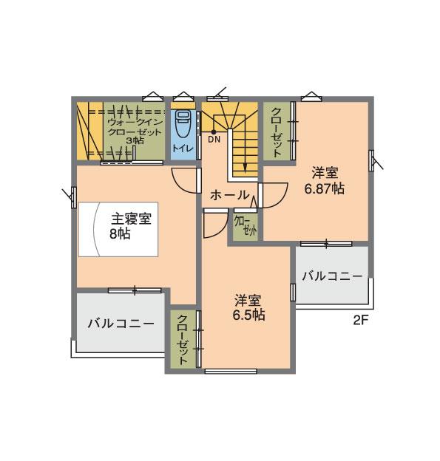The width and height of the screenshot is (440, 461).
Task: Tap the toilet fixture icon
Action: click(183, 123)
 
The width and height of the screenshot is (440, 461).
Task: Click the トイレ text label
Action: click(183, 148)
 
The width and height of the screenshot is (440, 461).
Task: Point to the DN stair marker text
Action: click(214, 139)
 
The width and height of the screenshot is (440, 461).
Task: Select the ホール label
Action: click(229, 196)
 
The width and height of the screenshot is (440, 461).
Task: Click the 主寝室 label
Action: click(132, 219)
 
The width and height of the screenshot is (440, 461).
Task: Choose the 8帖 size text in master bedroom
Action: click(121, 233)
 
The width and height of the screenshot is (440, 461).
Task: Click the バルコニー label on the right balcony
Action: click(332, 276)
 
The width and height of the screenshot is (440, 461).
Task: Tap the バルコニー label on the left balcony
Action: click(120, 324)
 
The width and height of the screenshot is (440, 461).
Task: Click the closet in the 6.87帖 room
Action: click(277, 131)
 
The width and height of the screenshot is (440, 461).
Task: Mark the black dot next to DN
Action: click(214, 131)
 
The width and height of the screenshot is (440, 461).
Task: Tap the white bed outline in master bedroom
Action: click(118, 230)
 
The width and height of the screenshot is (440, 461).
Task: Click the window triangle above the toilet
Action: click(183, 96)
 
